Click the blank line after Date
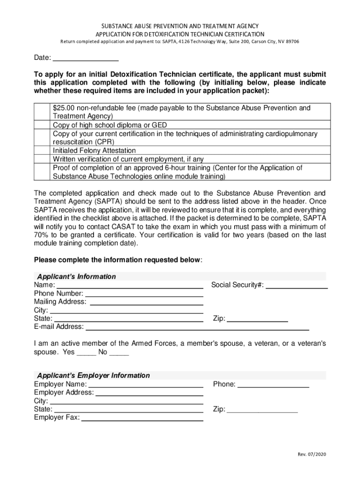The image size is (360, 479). (86, 58)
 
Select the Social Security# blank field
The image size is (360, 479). (296, 285)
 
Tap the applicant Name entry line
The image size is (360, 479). (130, 285)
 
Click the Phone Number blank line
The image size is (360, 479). (144, 294)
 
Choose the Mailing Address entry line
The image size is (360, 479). (146, 302)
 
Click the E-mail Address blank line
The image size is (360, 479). (197, 327)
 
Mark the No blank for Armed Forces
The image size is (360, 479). (119, 352)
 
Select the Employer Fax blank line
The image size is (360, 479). (142, 418)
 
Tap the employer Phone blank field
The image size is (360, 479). (274, 385)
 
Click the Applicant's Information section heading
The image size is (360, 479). (77, 276)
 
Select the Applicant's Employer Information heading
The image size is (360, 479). (94, 376)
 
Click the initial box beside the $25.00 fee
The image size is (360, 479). (42, 112)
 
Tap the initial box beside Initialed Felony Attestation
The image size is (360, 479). (42, 151)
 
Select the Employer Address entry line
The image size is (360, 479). (149, 393)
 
